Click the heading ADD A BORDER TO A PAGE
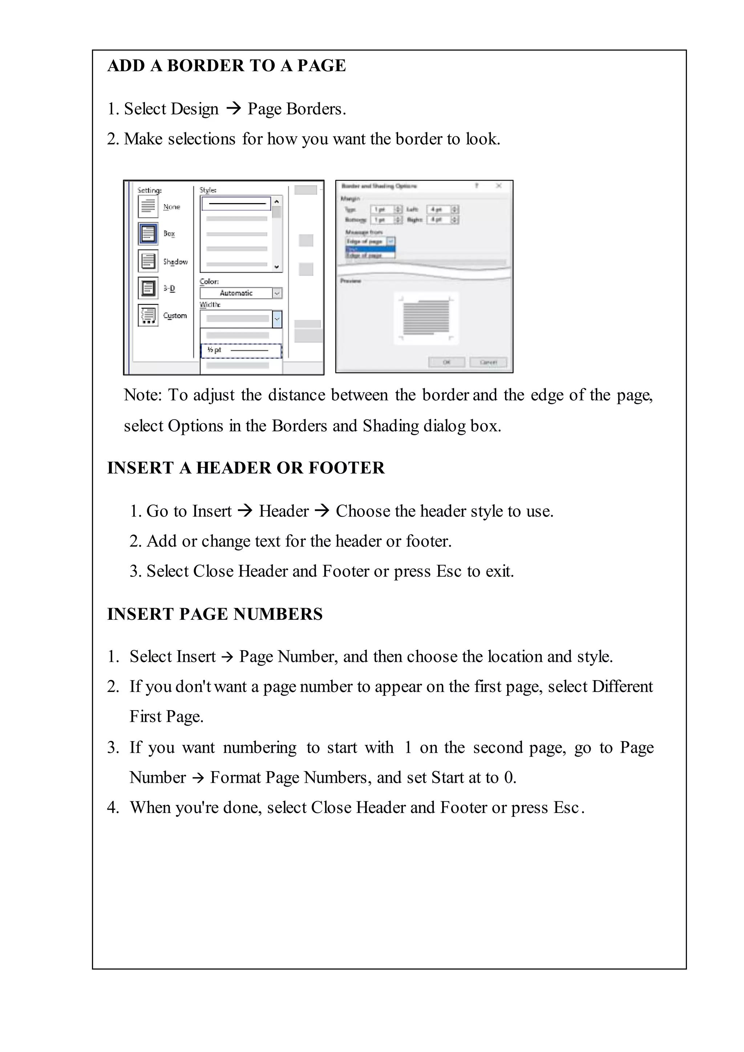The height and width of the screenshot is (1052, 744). coord(226,65)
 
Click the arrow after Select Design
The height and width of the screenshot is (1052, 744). coord(234,109)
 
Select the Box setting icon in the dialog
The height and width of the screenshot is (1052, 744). coord(148,234)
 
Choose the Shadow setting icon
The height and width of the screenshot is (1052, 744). coord(148,261)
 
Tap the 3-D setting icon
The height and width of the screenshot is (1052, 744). coord(148,288)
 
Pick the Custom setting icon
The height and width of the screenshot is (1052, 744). coord(148,315)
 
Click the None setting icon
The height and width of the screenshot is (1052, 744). coord(148,206)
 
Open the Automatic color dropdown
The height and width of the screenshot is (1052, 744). coord(277,293)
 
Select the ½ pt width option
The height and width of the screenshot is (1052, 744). coord(241,351)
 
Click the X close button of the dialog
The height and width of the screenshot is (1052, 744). coord(499,186)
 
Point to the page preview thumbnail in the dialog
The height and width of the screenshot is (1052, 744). coord(426,318)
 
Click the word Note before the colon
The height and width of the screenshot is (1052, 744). coord(141,395)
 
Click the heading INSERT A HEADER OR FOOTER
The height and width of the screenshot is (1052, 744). coord(246,468)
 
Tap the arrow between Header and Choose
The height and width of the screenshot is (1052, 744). coord(323,510)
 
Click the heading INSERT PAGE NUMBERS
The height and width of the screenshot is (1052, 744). coord(215,614)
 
